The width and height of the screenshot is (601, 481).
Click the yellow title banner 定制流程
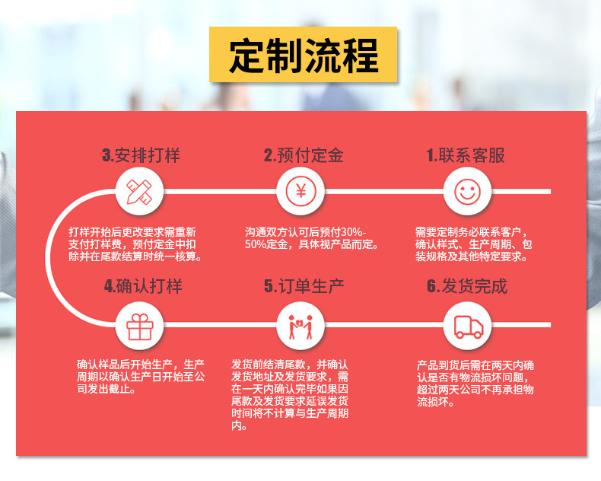pos(304,55)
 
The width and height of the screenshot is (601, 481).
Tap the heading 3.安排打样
pos(142,156)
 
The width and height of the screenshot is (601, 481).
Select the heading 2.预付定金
pos(304,156)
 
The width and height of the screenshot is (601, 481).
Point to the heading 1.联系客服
pos(466,156)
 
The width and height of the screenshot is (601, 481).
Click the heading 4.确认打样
pos(143,286)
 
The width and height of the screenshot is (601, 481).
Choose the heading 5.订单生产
pos(304,286)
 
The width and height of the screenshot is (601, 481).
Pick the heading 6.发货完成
pos(466,286)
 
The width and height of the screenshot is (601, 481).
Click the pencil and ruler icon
pos(140,191)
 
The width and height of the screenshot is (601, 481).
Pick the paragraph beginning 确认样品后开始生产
pos(141,377)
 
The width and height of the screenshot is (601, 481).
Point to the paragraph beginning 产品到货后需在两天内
pos(475,383)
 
